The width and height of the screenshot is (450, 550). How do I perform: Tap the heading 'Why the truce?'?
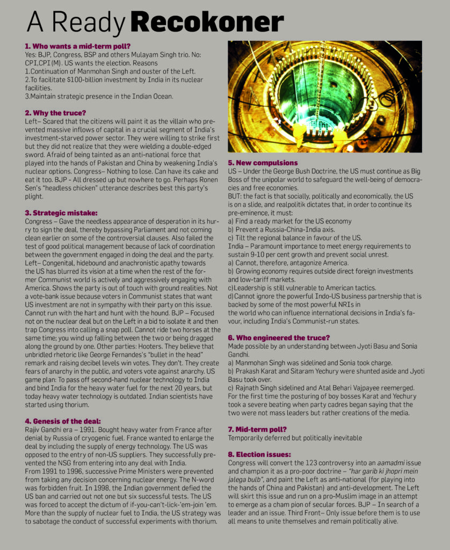[56, 113]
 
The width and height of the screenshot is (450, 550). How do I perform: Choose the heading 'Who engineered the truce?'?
[279, 337]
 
